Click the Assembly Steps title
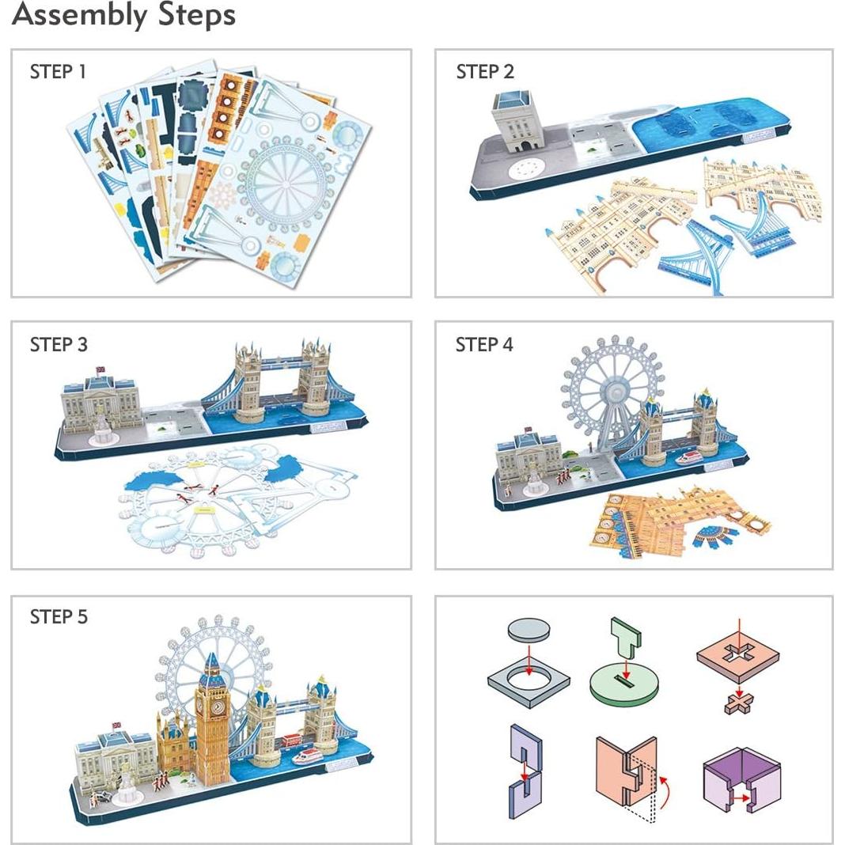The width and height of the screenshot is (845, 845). click(123, 15)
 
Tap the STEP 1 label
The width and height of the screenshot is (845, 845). click(58, 71)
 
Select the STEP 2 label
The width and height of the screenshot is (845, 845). click(485, 71)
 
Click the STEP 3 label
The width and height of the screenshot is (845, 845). click(59, 345)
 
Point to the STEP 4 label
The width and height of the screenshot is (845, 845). click(484, 345)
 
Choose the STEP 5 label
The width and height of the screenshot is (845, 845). click(59, 617)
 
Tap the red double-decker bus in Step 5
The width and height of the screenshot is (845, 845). click(292, 741)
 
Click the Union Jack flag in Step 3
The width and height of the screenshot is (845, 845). click(100, 369)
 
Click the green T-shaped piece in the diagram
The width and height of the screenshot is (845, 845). click(627, 638)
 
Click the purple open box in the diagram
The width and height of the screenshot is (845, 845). click(741, 775)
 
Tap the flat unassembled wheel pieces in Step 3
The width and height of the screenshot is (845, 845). click(229, 494)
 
